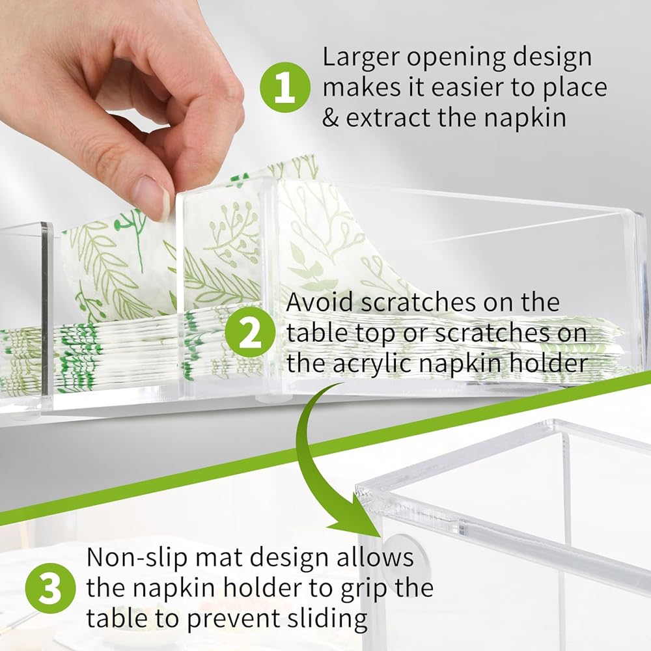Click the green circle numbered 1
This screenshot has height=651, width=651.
[x=285, y=87]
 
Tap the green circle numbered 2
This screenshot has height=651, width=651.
[x=250, y=333]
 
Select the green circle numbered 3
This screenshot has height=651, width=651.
[x=51, y=589]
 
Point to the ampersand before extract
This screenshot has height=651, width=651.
[x=331, y=118]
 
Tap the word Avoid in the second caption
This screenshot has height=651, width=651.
[x=319, y=302]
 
